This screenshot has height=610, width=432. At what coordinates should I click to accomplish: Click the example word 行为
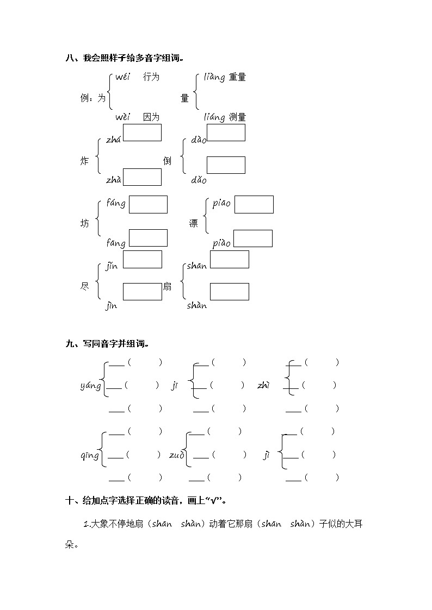coord(151,77)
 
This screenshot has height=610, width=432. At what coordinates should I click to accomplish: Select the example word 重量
coord(237,77)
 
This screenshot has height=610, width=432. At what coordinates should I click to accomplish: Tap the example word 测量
coord(237,117)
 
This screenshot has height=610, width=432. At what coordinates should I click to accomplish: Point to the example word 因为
coord(151,117)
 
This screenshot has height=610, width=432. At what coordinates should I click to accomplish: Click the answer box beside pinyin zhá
coord(142,133)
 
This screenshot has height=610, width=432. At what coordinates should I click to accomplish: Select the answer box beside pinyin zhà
coord(142,177)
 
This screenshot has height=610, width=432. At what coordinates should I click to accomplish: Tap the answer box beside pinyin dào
coord(226,133)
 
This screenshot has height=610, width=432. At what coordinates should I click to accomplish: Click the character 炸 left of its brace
coord(84,161)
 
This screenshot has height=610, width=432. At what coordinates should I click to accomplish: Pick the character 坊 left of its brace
coord(84,224)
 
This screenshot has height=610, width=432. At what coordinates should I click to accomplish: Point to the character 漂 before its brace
coord(194,224)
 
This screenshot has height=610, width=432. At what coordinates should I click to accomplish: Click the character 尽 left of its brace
coord(84,286)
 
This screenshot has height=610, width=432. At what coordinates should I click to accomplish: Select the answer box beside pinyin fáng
coord(148,205)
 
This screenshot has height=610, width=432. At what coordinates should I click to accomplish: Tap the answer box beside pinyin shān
coord(229,260)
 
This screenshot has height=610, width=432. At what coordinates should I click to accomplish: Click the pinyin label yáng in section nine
coord(90,386)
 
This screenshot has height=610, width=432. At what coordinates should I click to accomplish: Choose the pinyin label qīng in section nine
coord(90,455)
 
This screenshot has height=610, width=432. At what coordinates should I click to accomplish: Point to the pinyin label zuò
coord(176,455)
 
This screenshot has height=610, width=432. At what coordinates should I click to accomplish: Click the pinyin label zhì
coord(264,386)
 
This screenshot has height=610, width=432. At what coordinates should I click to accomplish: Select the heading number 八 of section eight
coord(69,58)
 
